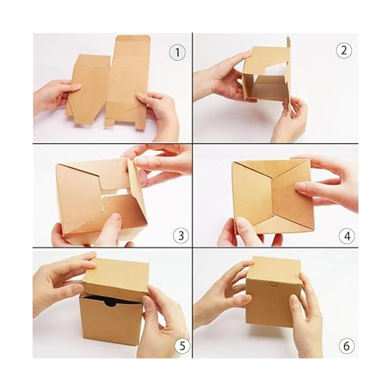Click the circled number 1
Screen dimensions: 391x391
(x=177, y=52)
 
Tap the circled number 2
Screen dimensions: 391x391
(x=344, y=51)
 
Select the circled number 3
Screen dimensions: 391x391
(x=181, y=235)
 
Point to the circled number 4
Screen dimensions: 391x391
(x=347, y=236)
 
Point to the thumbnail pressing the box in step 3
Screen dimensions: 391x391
(x=116, y=218)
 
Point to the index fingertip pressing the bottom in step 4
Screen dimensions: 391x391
(x=301, y=186)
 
